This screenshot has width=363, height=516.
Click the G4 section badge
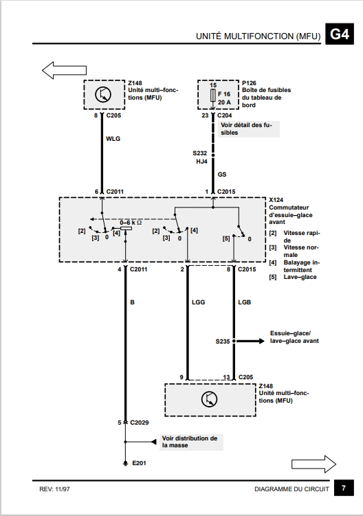pos(340,34)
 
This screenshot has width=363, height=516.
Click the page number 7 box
pos(344,488)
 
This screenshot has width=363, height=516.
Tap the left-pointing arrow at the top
pos(64,70)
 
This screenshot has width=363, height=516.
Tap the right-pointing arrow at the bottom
pos(313,464)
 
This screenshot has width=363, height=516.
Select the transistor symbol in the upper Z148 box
pos(103,95)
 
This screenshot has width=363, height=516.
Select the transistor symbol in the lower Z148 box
pos(209,399)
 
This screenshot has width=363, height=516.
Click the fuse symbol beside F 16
pos(213,96)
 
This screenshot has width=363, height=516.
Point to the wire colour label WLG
pos(113,139)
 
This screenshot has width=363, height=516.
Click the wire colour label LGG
pos(198,302)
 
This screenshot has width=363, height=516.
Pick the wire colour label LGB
pos(245,302)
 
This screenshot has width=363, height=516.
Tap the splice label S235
pos(223,341)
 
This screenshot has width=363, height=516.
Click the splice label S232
pos(200,153)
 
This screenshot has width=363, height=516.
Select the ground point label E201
pos(139,463)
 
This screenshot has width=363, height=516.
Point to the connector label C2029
pos(140,423)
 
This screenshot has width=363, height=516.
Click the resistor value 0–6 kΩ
pos(131,223)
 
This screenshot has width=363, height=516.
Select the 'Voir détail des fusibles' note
pos(249,128)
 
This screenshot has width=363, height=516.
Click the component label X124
pos(276,200)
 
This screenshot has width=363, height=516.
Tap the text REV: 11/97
pos(55,489)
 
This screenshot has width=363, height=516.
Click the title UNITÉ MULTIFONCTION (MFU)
pos(258,36)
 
